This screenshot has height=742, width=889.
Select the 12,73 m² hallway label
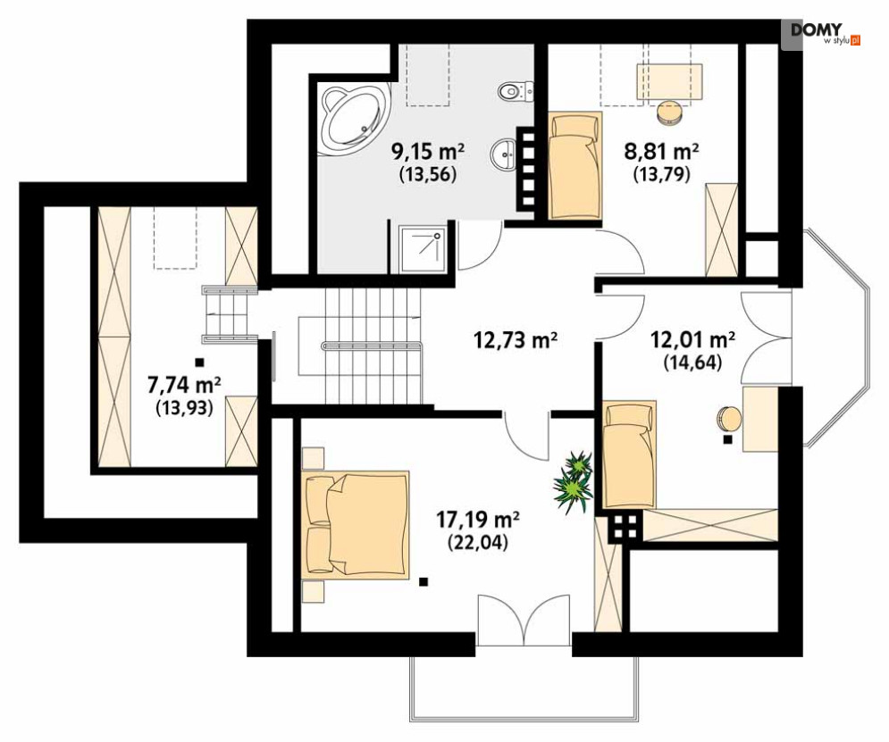coord(516,340)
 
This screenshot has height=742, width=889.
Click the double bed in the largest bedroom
coord(356,524)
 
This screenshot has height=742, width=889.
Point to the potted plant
coord(574,481)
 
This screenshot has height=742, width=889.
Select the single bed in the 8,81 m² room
coord(574,165)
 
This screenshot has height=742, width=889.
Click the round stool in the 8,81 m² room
coord(671,112)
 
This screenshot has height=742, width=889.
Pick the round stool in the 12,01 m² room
coord(729,419)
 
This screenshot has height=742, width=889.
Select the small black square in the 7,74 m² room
coord(198,362)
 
